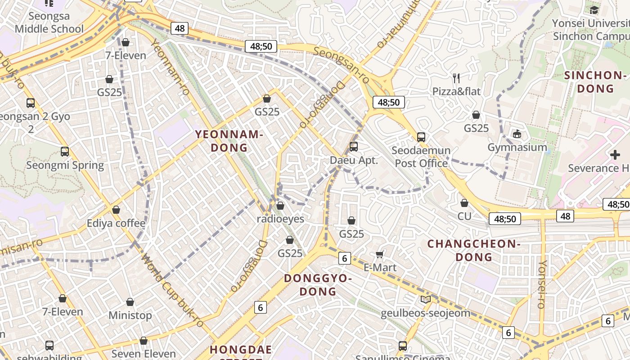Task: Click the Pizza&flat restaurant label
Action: (x=456, y=91)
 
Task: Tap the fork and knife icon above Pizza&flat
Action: (x=456, y=78)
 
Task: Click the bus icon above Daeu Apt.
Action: (x=354, y=146)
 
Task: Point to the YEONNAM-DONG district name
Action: (x=229, y=141)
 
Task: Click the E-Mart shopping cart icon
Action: (x=380, y=255)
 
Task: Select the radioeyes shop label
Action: (x=280, y=219)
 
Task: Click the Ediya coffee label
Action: (x=116, y=223)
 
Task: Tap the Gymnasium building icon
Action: (x=517, y=134)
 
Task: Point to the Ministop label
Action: (x=130, y=315)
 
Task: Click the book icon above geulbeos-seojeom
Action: (x=425, y=299)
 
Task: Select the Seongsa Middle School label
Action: (x=49, y=22)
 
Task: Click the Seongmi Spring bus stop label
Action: (x=65, y=165)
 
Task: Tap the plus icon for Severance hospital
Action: (x=615, y=155)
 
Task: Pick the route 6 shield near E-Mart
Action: (x=344, y=258)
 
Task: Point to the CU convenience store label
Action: (x=464, y=216)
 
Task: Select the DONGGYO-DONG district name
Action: (x=318, y=285)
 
